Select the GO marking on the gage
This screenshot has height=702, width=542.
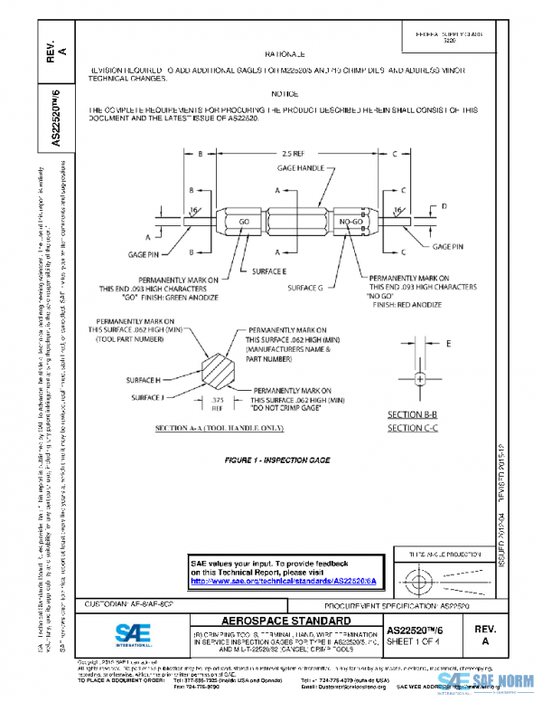[x=243, y=221]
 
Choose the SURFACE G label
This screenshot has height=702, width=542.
[x=305, y=287]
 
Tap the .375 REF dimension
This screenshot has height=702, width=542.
[x=217, y=403]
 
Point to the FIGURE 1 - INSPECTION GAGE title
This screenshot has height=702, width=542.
[x=277, y=461]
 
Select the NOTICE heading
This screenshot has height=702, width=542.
[x=285, y=93]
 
